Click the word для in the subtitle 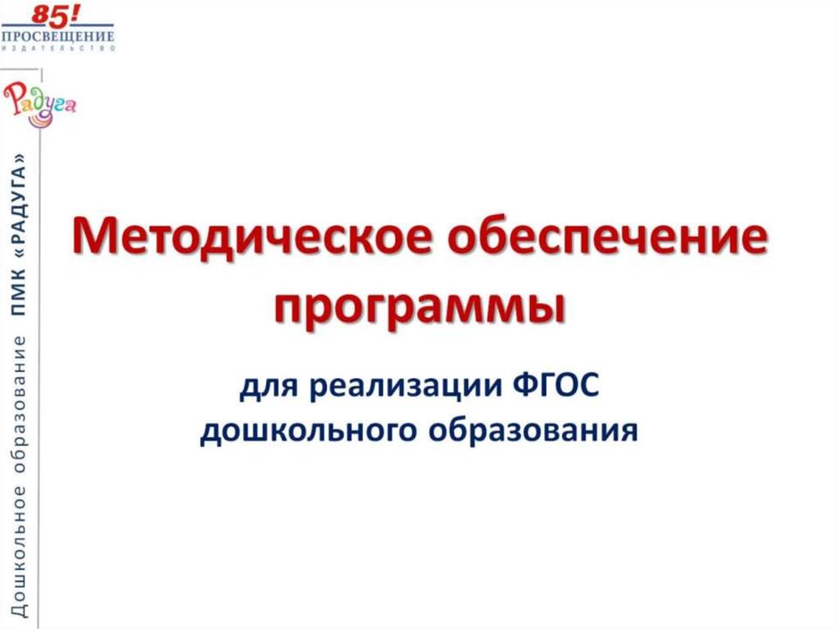click(x=266, y=385)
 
